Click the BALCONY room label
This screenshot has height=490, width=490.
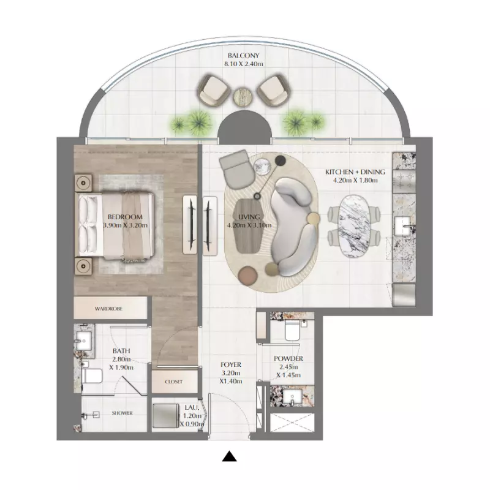pos(243,56)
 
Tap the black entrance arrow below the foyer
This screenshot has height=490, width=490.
pos(229,456)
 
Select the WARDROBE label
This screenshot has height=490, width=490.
pos(108,309)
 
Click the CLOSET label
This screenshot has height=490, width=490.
pos(174,382)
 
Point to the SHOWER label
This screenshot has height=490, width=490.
pos(122,413)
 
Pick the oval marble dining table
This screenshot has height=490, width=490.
pos(355,227)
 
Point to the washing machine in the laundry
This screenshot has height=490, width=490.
pos(166,417)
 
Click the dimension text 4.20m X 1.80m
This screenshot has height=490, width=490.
pos(355,180)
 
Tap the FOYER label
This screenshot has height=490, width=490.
pos(231,364)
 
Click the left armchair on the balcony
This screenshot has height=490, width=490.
pos(213,90)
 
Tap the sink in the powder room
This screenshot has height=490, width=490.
pos(292,397)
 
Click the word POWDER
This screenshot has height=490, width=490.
pos(288,359)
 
